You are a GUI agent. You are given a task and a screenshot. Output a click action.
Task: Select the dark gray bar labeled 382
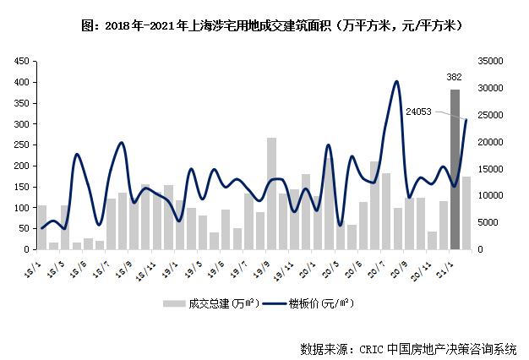[x=455, y=169]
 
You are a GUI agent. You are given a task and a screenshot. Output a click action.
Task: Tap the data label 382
[x=455, y=77]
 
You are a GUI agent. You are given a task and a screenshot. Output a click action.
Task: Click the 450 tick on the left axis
[x=20, y=62]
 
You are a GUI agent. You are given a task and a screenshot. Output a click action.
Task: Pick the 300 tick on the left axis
[x=20, y=124]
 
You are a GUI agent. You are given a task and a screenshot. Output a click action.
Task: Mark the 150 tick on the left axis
[x=20, y=187]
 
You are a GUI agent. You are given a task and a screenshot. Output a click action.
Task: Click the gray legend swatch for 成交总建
[x=172, y=303]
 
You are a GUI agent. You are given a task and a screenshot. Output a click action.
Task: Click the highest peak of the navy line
[x=396, y=81]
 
